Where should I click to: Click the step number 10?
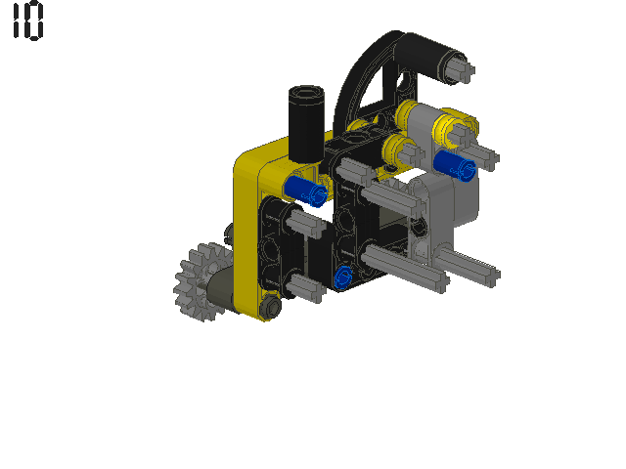click(28, 21)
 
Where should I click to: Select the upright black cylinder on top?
click(306, 124)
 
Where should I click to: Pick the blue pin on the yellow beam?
click(306, 192)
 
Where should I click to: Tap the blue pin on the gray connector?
click(454, 165)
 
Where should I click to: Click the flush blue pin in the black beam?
click(343, 277)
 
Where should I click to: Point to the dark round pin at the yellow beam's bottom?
click(271, 306)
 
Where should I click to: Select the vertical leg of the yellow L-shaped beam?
click(246, 239)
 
